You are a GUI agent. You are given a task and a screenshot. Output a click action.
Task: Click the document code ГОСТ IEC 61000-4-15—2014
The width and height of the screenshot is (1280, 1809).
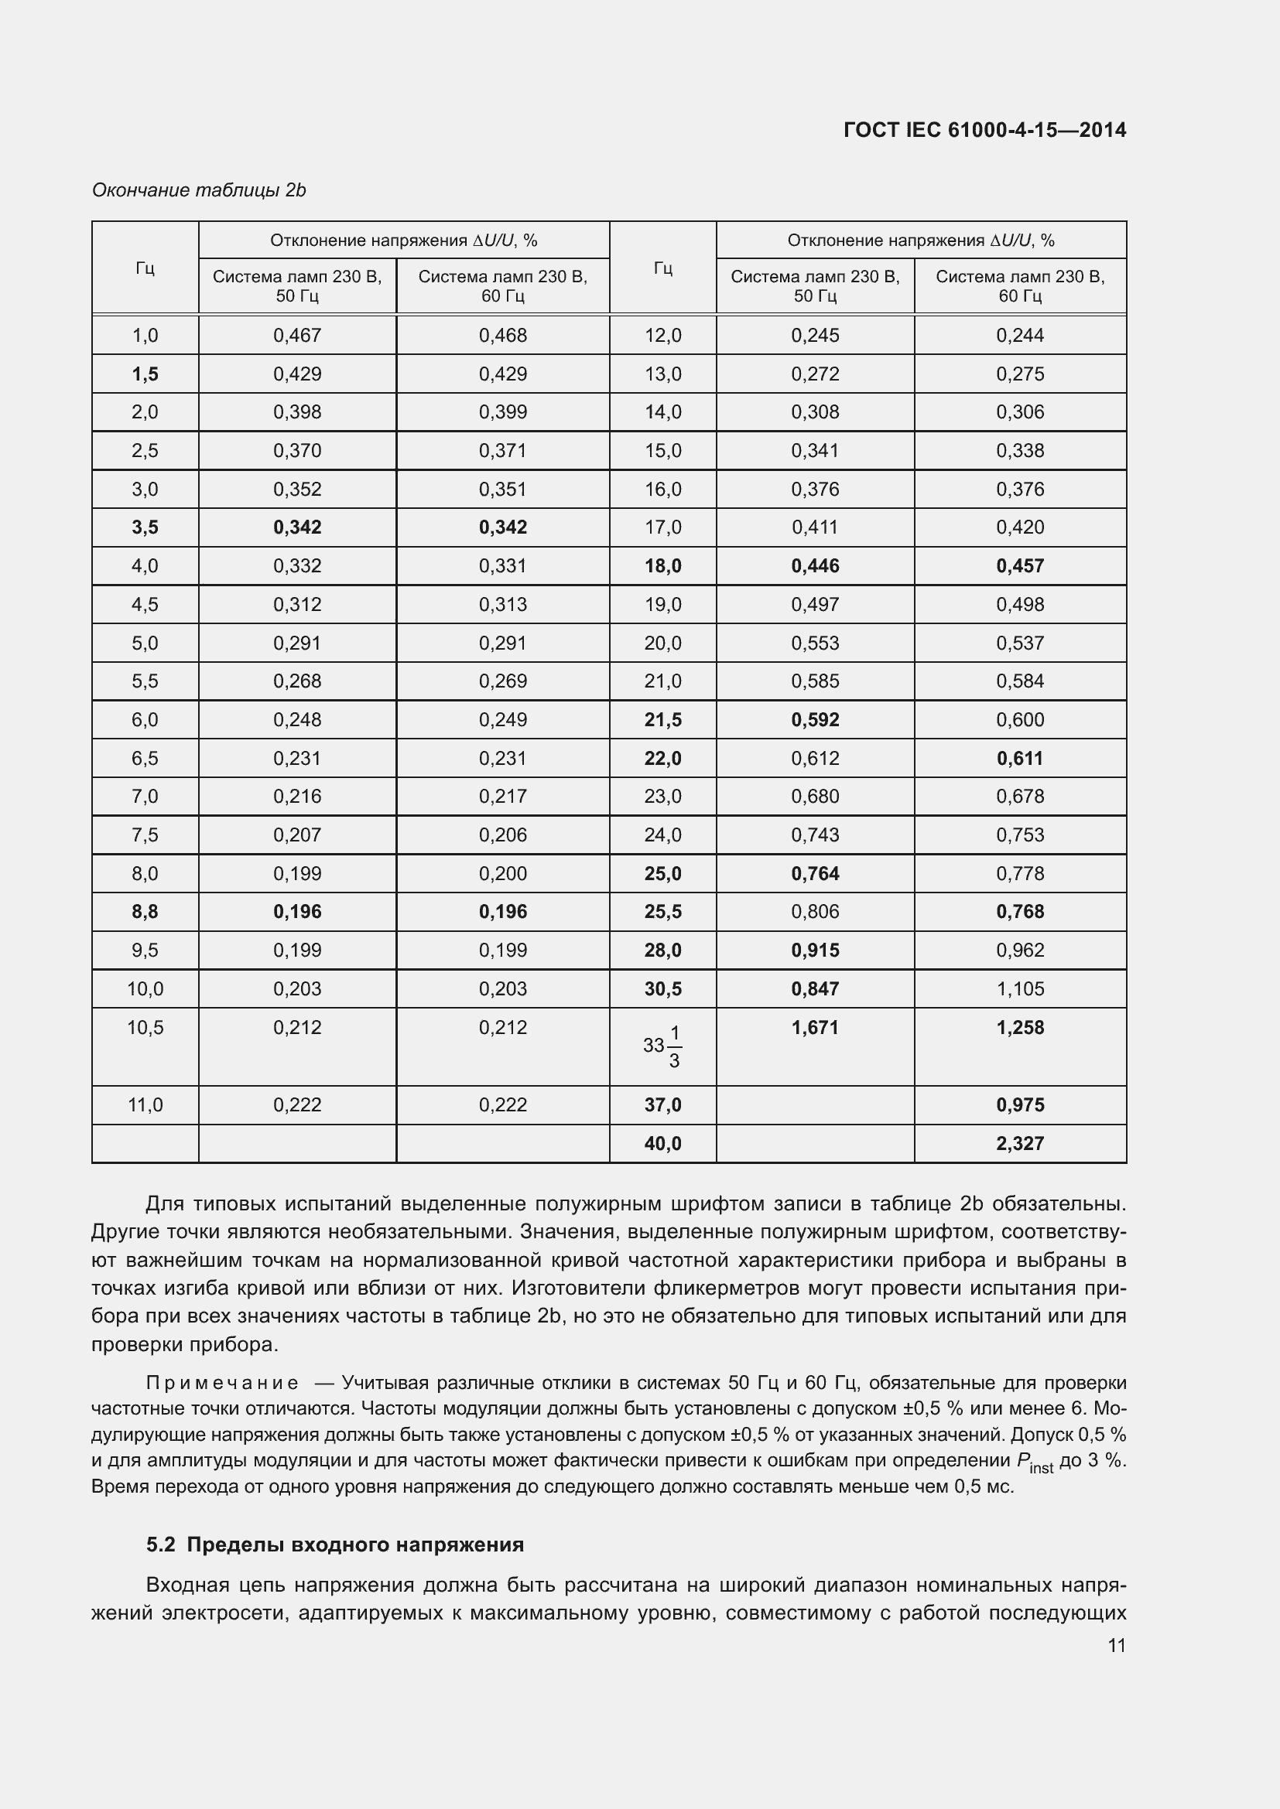[984, 130]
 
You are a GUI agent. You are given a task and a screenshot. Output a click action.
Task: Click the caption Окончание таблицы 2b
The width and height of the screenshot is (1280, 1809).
[199, 190]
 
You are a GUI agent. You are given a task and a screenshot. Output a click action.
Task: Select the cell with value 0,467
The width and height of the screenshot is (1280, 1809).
[297, 335]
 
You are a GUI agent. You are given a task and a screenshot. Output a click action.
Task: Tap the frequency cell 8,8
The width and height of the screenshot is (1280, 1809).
[145, 912]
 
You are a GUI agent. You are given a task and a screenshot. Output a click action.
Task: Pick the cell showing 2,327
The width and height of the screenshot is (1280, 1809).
[1019, 1143]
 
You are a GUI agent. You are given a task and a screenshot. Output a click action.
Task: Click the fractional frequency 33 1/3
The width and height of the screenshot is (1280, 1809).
[662, 1046]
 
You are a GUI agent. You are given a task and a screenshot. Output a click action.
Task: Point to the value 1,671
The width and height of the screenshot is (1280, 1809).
[815, 1027]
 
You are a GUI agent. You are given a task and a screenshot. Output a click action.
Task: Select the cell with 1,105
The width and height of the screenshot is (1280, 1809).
[1019, 989]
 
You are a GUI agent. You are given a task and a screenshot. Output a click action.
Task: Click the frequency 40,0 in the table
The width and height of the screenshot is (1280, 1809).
[662, 1143]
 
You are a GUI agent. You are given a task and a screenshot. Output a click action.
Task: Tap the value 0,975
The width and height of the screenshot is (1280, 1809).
[1019, 1104]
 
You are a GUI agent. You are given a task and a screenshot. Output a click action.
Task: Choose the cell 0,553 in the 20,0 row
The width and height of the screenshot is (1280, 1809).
[815, 643]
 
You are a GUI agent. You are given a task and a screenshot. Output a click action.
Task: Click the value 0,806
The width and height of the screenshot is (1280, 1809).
[815, 912]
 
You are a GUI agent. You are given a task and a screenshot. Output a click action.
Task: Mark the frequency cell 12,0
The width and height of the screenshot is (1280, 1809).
[662, 335]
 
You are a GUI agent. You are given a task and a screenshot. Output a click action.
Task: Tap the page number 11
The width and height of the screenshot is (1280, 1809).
[1116, 1645]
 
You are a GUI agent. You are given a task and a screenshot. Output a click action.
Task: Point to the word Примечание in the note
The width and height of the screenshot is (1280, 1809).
[222, 1383]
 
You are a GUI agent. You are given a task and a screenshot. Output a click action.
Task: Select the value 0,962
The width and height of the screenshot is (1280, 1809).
[1019, 951]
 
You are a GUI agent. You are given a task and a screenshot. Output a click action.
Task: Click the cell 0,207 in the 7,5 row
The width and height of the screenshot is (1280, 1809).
[297, 835]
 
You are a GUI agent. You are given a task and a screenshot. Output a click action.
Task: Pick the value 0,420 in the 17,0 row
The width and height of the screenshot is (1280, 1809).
[1019, 527]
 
